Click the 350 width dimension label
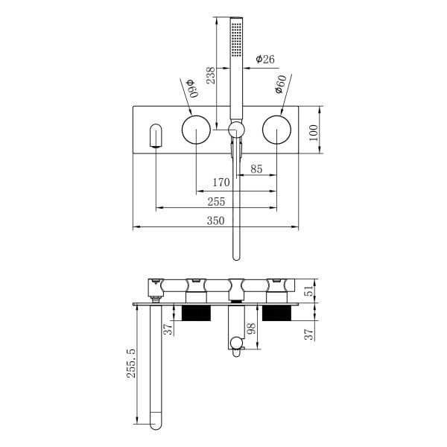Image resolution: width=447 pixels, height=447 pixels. pyautogui.click(x=215, y=221)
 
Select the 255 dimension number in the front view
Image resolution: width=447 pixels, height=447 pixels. pyautogui.click(x=216, y=202)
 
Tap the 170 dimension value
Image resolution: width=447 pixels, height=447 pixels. pyautogui.click(x=221, y=183)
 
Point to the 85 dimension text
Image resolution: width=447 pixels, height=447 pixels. pyautogui.click(x=256, y=169)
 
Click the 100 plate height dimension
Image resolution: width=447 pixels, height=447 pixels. pyautogui.click(x=314, y=133)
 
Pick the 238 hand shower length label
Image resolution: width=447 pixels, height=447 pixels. pyautogui.click(x=211, y=75)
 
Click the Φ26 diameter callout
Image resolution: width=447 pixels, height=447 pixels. pyautogui.click(x=265, y=59)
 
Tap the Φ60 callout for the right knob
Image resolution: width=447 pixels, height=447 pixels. pyautogui.click(x=281, y=84)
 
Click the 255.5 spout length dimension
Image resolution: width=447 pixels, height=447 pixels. pyautogui.click(x=131, y=364)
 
